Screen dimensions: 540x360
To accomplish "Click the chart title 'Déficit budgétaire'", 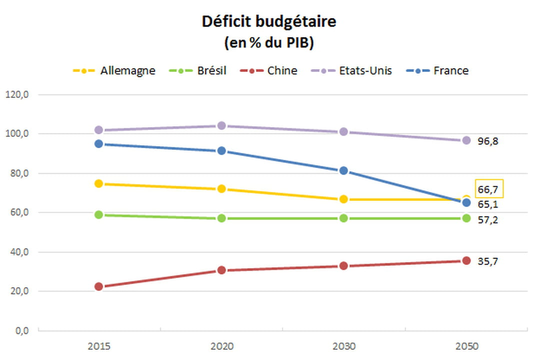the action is pos(269,21).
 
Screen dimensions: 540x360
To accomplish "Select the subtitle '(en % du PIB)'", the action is pos(269,42).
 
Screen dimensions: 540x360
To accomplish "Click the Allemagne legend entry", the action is pos(114,70).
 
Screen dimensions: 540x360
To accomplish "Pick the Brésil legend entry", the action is pos(197,70).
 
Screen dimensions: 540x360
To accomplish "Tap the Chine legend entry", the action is pos(268,70).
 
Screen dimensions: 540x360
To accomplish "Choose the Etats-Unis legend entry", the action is pos(351,70).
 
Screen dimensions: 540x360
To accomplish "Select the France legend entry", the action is pos(437,70).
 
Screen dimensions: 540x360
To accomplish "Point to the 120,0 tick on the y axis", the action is pos(17,94).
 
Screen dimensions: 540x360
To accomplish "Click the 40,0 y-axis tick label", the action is pos(19,252).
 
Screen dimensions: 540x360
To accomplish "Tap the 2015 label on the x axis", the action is pos(99,346).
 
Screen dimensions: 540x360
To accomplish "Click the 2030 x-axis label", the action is pos(343,346).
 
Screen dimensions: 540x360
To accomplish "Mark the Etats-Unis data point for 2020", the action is pos(221,125).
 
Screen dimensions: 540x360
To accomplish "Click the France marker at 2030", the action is pos(343,170).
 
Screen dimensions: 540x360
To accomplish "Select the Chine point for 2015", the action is pos(99,286).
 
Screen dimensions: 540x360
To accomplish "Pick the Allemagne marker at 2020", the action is pos(221,189).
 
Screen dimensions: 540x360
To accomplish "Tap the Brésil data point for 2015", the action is pos(99,214).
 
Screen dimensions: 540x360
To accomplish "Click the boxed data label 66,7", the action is pos(489,189).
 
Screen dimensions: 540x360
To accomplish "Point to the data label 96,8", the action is pos(487,141).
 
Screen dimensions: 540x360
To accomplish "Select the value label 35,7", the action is pos(487,261).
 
